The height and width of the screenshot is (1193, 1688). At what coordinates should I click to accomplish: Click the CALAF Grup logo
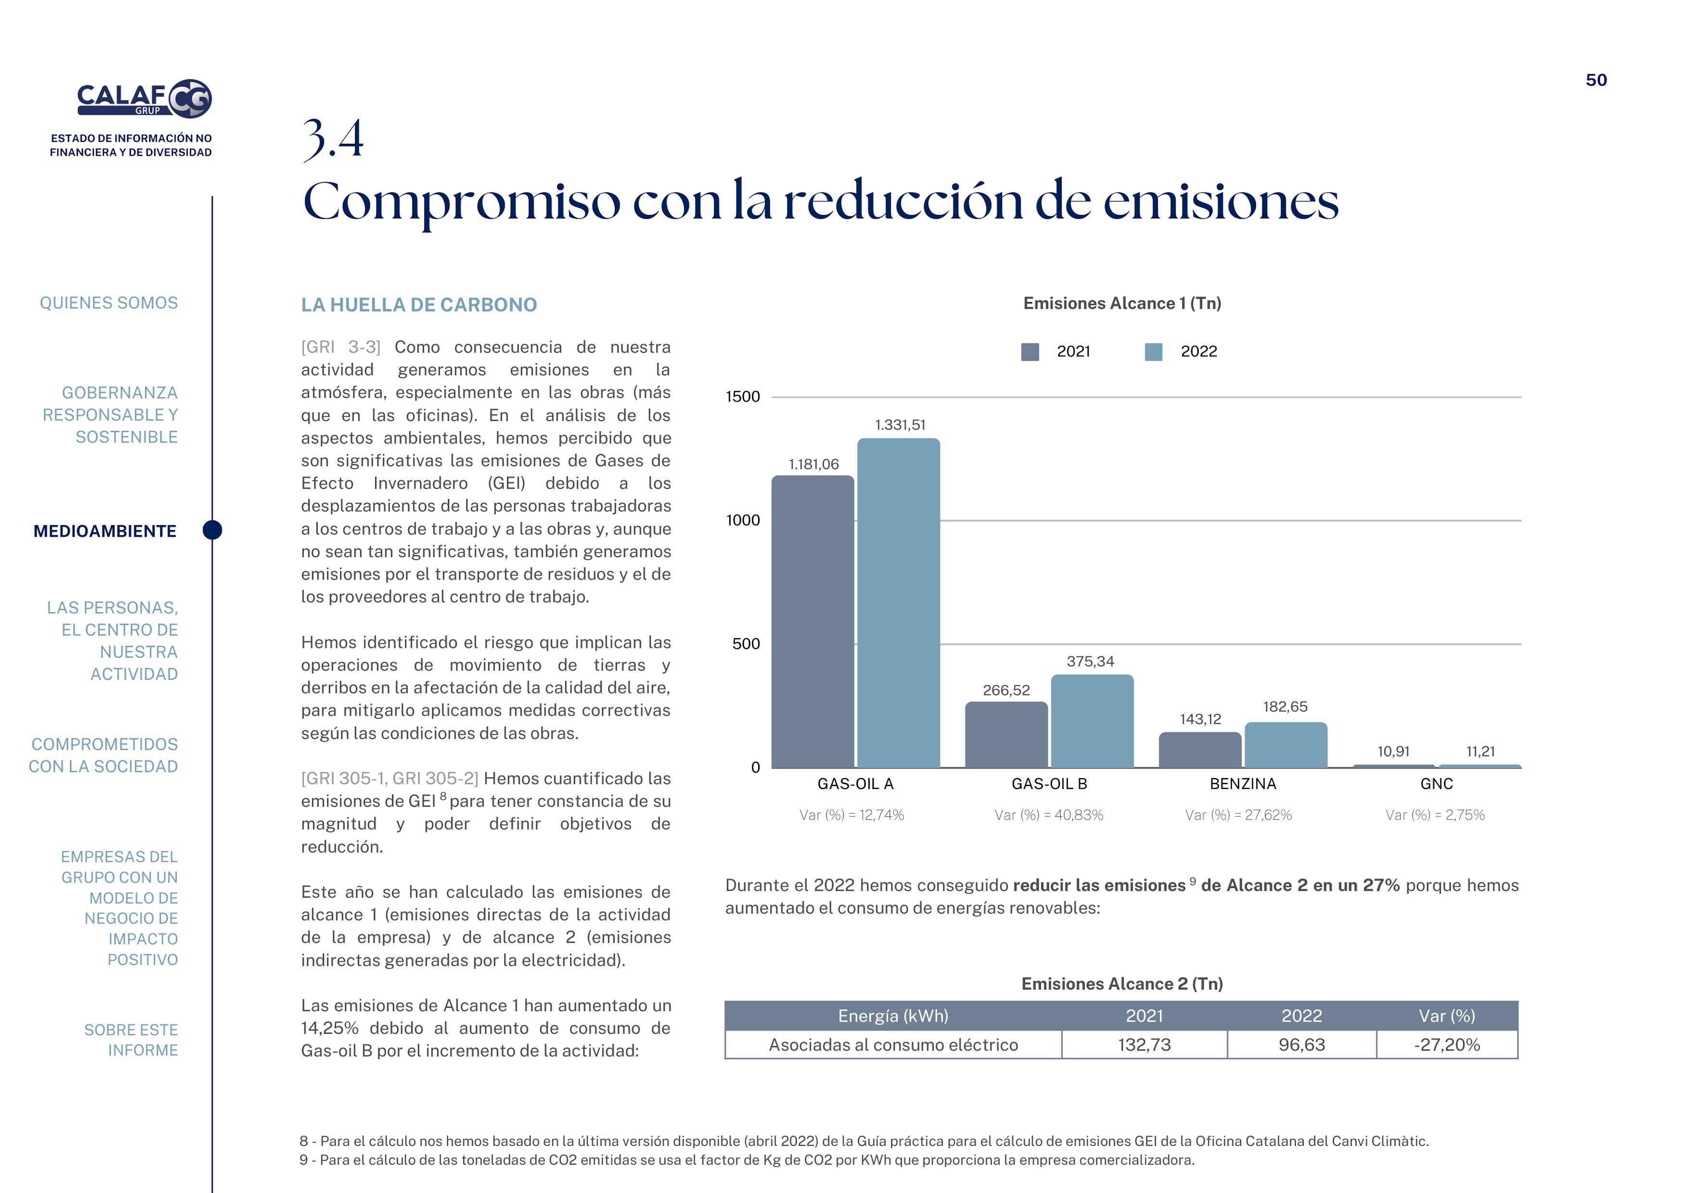(x=144, y=99)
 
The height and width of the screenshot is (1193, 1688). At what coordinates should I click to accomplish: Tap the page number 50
(x=1596, y=80)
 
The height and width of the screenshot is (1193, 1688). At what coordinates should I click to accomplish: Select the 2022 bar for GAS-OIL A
(x=899, y=603)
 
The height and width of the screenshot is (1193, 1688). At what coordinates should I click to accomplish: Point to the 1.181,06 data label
(x=813, y=465)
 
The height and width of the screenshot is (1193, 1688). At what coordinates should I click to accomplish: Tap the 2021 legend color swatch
(x=1030, y=352)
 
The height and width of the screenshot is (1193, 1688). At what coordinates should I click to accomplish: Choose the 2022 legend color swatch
(x=1154, y=352)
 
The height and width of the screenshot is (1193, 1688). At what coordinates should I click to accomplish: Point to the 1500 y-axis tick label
(x=743, y=397)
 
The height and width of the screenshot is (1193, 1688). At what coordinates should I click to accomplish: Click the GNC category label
(x=1436, y=784)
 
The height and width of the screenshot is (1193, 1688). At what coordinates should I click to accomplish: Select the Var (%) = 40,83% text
(x=1048, y=815)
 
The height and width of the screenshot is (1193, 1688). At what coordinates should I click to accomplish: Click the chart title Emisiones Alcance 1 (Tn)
(x=1122, y=303)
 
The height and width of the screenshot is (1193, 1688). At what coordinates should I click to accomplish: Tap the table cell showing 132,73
(x=1144, y=1044)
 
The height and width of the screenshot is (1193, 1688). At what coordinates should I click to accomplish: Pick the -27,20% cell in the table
(x=1446, y=1044)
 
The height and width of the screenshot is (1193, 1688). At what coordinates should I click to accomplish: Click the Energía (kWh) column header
(x=892, y=1016)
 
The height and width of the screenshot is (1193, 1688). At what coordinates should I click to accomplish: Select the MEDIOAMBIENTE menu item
(x=105, y=531)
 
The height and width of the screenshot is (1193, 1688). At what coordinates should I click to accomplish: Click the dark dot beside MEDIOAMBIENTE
(x=213, y=530)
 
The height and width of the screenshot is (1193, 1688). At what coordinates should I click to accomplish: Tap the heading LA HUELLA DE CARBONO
(x=419, y=305)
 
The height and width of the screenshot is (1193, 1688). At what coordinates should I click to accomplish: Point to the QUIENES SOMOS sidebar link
(x=109, y=303)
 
